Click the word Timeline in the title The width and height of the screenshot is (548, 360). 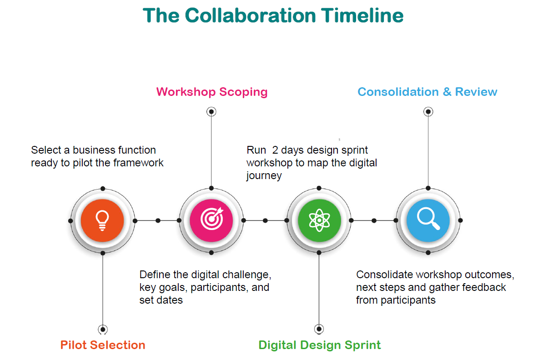(x=362, y=15)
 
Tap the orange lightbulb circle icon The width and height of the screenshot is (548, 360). (x=102, y=220)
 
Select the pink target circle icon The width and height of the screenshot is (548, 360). (x=211, y=220)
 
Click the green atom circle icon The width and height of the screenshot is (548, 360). (x=319, y=220)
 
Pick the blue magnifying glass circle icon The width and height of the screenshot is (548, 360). (x=428, y=220)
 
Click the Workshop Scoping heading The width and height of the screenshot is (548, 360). (x=212, y=92)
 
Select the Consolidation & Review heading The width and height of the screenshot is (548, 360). (x=427, y=92)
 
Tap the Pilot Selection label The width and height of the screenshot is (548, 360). (x=103, y=345)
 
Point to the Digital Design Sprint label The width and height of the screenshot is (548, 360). (x=320, y=345)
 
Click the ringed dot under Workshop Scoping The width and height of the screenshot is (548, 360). (x=211, y=112)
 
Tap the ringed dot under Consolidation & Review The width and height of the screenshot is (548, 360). (x=428, y=112)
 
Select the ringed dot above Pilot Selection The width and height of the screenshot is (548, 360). (x=103, y=330)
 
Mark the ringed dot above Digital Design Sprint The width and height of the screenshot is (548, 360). (x=319, y=329)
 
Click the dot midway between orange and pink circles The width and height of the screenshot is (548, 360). (x=158, y=220)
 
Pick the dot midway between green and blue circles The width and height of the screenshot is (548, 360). (x=374, y=220)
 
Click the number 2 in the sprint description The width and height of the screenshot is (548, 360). (x=275, y=150)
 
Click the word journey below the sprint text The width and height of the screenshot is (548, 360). (x=264, y=176)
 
